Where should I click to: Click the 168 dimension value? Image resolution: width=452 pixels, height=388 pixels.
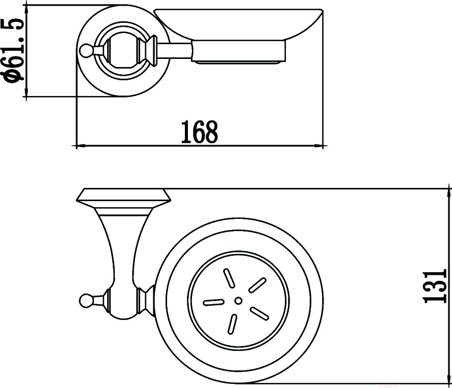(x=199, y=132)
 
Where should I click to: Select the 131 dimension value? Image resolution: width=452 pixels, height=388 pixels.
(x=434, y=286)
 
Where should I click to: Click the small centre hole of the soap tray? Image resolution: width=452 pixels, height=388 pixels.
(x=238, y=301)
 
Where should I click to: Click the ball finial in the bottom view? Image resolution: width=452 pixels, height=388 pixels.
(x=86, y=301)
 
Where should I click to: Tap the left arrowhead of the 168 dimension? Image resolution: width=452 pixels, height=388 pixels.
(x=81, y=146)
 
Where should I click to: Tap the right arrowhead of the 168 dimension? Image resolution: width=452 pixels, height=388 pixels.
(x=317, y=146)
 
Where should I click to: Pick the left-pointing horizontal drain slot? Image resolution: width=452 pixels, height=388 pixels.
(x=214, y=302)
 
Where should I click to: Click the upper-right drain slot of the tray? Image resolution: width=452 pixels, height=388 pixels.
(x=257, y=284)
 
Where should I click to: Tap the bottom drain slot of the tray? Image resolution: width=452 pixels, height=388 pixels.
(x=232, y=325)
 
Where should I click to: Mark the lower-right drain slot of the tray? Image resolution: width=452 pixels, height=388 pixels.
(x=260, y=314)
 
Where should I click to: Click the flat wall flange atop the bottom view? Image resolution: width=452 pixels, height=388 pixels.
(x=124, y=195)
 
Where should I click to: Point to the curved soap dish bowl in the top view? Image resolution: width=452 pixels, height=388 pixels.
(x=238, y=25)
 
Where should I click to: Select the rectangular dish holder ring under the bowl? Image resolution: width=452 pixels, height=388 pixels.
(x=239, y=51)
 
